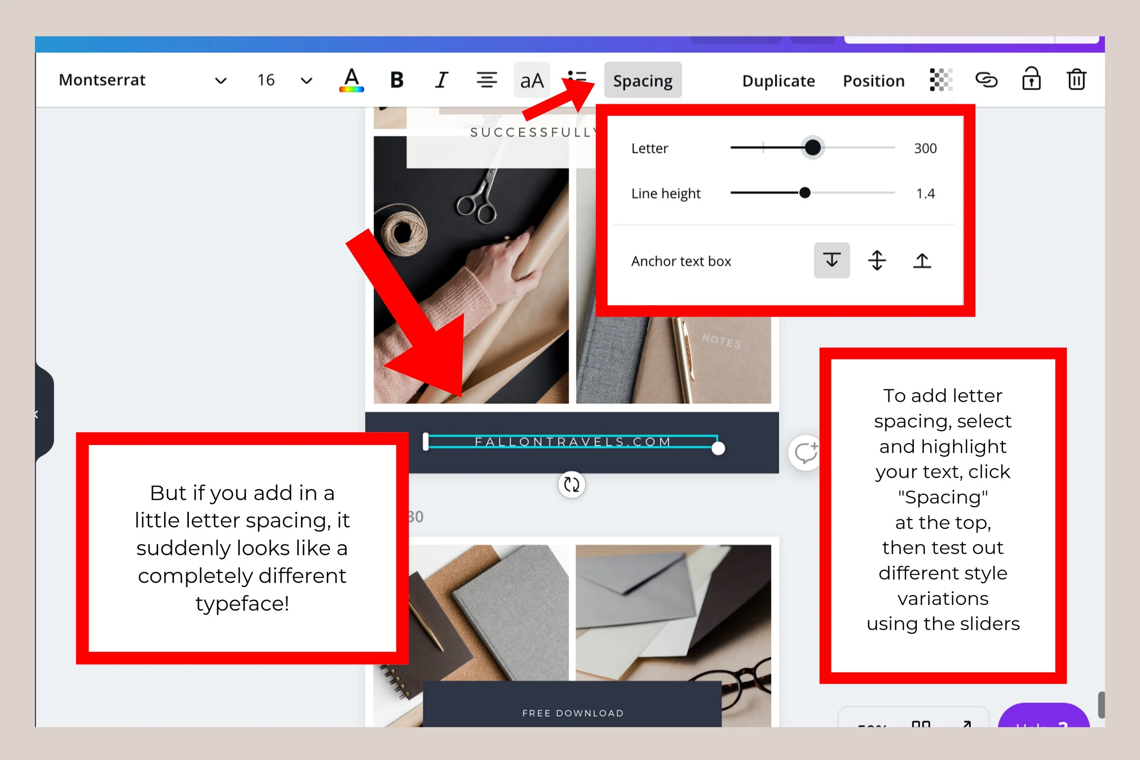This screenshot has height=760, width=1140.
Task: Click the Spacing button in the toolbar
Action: tap(642, 80)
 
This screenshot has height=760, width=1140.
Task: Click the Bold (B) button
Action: tap(396, 80)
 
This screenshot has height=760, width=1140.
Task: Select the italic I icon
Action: tap(441, 80)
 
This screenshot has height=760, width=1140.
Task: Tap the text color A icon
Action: tap(352, 80)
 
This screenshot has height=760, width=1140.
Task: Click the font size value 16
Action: tap(266, 80)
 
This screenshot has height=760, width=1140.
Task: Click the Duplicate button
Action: tap(778, 80)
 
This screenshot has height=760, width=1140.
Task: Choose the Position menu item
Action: tap(873, 80)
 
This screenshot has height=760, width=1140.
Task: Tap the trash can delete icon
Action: tap(1076, 79)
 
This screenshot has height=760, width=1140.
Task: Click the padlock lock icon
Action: tap(1031, 79)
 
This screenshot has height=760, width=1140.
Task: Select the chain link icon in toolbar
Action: tap(986, 79)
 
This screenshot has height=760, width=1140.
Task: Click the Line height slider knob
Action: tap(804, 193)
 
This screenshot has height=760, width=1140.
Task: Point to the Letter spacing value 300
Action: tap(925, 148)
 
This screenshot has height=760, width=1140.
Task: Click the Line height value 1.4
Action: tap(925, 193)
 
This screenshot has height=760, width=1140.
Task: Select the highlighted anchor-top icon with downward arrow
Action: tap(832, 260)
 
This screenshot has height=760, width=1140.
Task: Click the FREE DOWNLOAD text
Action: tap(573, 713)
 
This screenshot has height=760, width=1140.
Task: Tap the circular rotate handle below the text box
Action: tap(571, 484)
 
